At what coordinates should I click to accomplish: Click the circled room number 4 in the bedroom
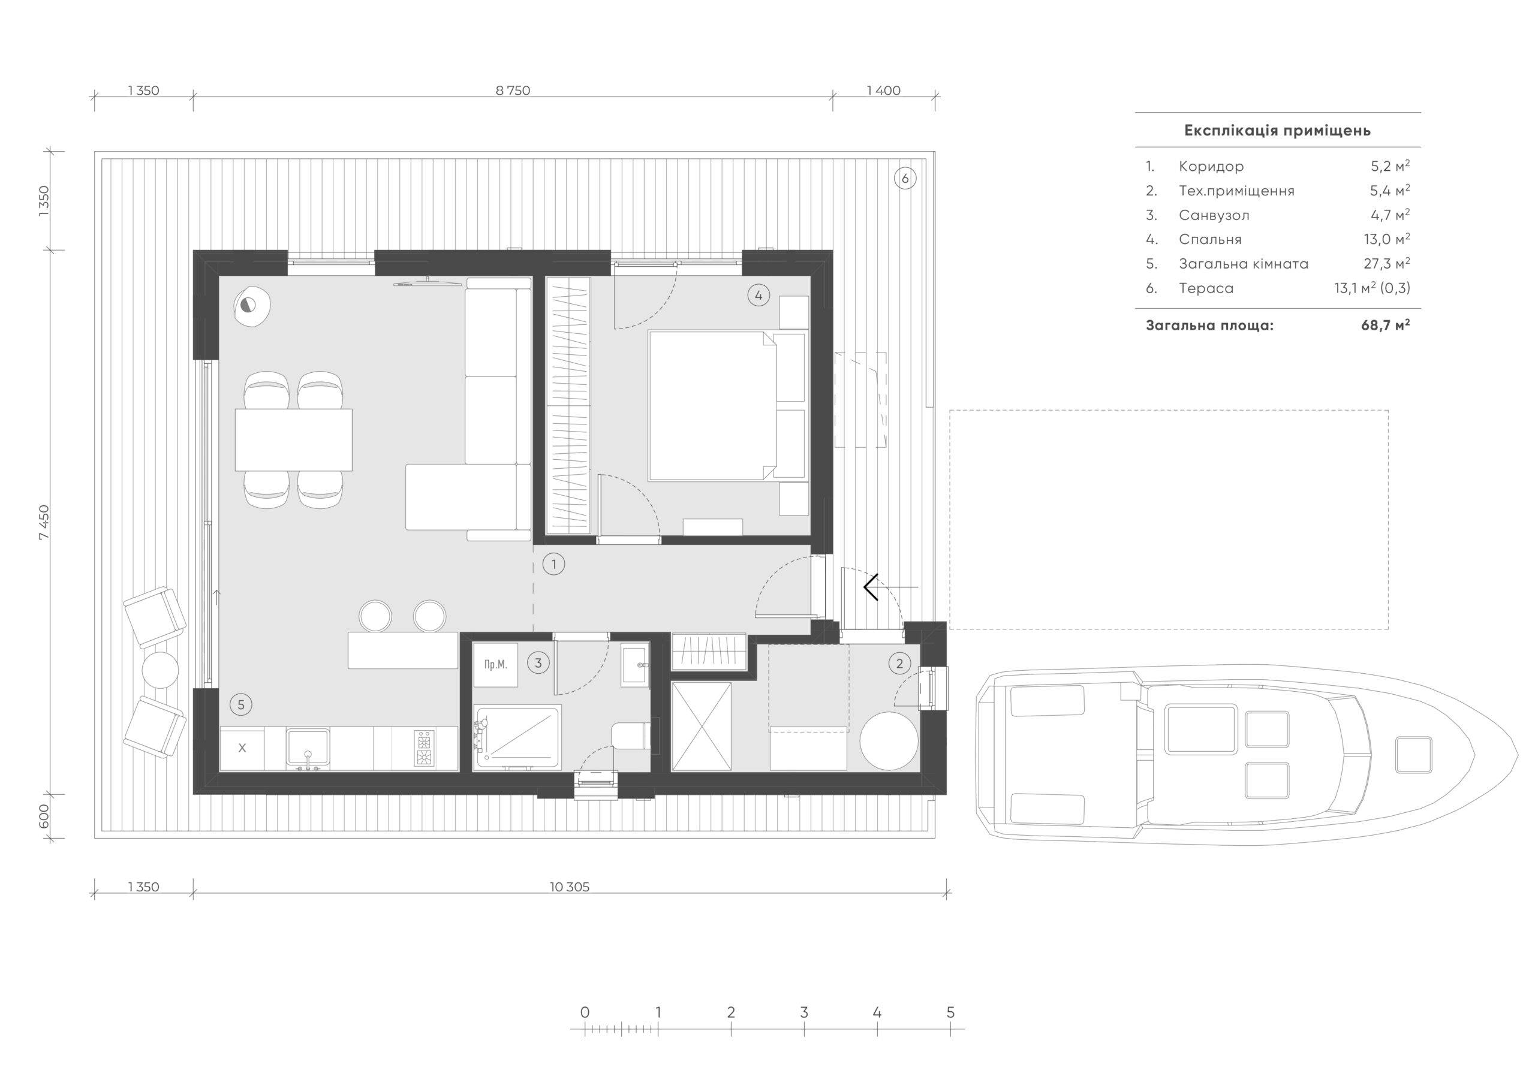[x=758, y=295]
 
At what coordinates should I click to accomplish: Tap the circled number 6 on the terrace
[x=905, y=179]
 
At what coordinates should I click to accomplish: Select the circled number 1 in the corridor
[x=553, y=564]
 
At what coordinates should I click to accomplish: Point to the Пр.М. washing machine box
[x=495, y=665]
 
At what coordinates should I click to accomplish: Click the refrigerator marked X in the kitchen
[x=242, y=748]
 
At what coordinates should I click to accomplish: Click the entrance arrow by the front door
[x=890, y=587]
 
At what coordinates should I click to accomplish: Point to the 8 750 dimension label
[x=513, y=91]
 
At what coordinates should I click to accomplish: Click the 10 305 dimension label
[x=570, y=887]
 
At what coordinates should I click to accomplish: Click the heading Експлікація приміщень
[x=1277, y=130]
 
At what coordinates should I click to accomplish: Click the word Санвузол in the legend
[x=1214, y=215]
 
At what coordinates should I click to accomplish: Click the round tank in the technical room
[x=889, y=742]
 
